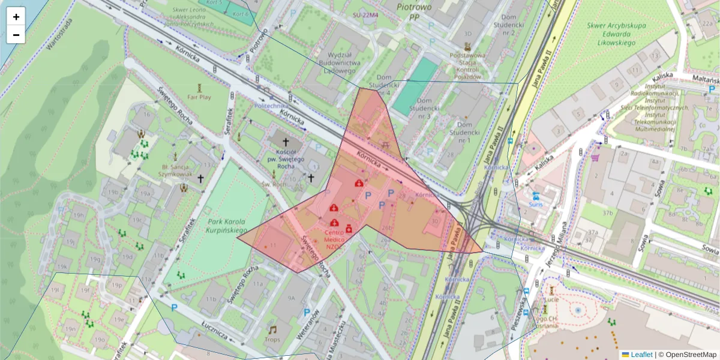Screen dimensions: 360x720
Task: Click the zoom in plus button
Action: tap(16, 17)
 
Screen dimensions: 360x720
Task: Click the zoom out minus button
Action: tap(16, 35)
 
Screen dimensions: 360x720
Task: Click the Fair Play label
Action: tap(199, 96)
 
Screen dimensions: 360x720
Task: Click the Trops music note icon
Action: tap(272, 330)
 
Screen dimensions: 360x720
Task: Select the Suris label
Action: tap(535, 204)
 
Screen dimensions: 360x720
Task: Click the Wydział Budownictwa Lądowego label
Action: tap(340, 62)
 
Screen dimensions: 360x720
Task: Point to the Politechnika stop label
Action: tap(272, 105)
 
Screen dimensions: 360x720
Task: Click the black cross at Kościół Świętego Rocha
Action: tap(286, 143)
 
